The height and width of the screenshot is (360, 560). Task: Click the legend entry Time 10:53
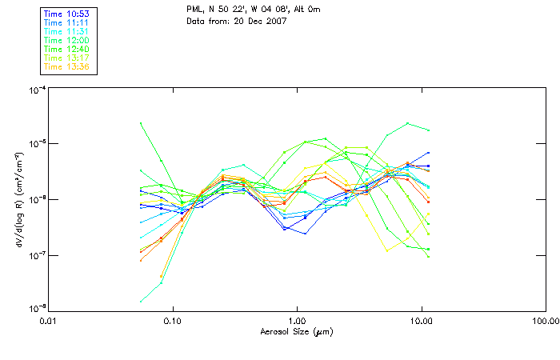(66, 14)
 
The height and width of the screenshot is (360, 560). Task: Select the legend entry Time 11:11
(66, 23)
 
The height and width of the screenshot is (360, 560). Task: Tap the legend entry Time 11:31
(66, 32)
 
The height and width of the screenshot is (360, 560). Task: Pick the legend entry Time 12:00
(66, 41)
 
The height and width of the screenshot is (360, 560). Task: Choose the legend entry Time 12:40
(66, 50)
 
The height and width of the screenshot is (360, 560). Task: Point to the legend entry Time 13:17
(66, 58)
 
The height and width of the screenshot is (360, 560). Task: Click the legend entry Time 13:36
(66, 67)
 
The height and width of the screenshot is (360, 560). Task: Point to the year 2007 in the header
(274, 21)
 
